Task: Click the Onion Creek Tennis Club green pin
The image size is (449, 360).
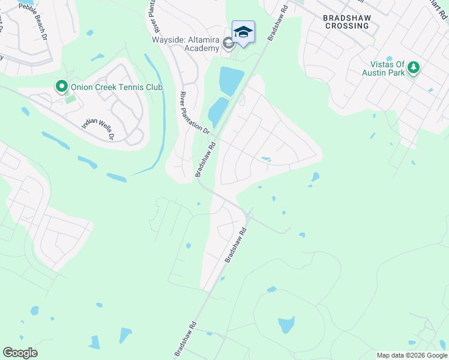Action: [61, 87]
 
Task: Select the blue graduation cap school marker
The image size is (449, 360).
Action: [243, 32]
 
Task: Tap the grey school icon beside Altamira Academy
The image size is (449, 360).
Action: [228, 43]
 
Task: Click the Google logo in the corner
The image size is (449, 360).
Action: [20, 353]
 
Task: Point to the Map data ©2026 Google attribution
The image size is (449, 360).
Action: [411, 355]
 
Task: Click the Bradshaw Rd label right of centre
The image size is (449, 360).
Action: [236, 245]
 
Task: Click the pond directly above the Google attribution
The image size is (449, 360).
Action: [412, 343]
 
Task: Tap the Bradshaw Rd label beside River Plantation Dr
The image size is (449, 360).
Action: [205, 159]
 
